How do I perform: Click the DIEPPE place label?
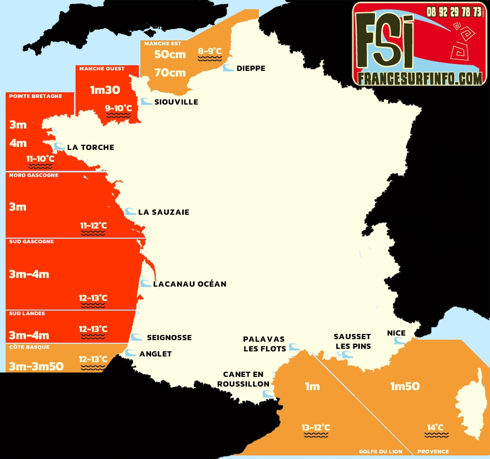point(251,68)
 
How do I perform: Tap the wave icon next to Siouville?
point(146,101)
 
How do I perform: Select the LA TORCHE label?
point(90,147)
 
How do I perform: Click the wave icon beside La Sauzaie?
point(131,212)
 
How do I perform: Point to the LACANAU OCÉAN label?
point(189,284)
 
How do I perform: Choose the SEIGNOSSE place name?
point(169,337)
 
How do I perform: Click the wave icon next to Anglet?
point(131,353)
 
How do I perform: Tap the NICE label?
point(396,333)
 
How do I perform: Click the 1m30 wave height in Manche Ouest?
point(105,90)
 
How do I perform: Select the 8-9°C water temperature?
point(210,51)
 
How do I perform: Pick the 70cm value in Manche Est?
point(170,73)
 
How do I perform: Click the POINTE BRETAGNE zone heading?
point(36,96)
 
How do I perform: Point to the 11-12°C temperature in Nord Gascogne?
point(93,225)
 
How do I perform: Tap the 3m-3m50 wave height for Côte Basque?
point(36,366)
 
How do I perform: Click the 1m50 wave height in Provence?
point(405,386)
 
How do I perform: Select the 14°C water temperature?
point(435,427)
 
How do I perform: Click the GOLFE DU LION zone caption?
point(380,451)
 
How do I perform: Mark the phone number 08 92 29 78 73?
point(454,11)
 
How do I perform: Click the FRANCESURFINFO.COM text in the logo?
point(420,78)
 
